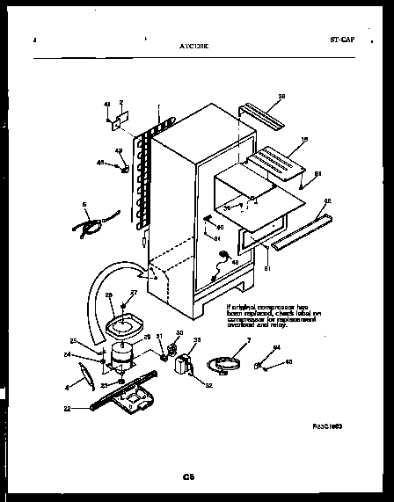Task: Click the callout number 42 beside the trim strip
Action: pyautogui.click(x=327, y=201)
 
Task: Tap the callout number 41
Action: pyautogui.click(x=107, y=104)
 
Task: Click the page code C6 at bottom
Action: pyautogui.click(x=187, y=477)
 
